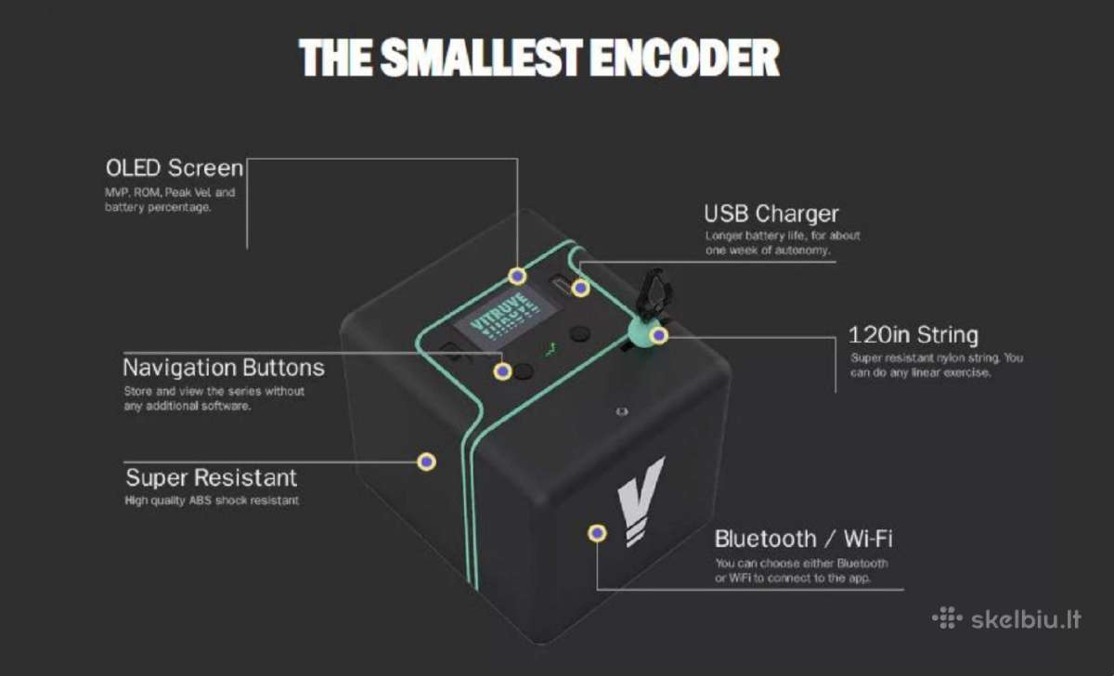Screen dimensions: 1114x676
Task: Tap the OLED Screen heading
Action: pos(175,168)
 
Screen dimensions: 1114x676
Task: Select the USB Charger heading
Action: pos(771,214)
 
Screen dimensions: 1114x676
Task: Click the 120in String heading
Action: pos(913,335)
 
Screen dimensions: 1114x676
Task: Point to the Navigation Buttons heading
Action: pos(224,368)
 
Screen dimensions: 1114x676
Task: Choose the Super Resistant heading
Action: pos(212,477)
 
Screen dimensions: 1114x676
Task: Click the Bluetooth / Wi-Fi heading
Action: pos(804,539)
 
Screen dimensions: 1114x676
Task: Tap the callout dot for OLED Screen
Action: pos(517,276)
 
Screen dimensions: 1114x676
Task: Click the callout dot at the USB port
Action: pos(580,288)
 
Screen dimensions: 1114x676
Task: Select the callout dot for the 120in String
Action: pos(659,335)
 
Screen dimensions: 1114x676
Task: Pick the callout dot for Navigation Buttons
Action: pos(503,371)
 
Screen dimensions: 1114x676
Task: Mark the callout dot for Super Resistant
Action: pos(426,462)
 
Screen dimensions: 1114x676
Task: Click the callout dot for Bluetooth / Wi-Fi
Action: pos(597,533)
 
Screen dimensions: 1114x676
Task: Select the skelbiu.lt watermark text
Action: pos(1026,619)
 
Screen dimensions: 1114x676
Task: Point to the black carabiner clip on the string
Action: pos(655,295)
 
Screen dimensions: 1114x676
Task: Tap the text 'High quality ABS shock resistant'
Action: pos(212,500)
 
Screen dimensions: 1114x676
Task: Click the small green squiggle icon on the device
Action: pos(550,351)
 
